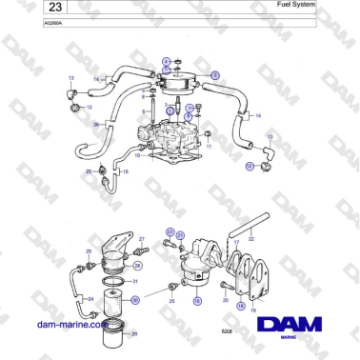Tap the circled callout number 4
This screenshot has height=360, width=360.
[166, 62]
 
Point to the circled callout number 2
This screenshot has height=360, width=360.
[215, 73]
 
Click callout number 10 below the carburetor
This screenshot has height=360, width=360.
[137, 155]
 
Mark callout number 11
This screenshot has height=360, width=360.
[210, 148]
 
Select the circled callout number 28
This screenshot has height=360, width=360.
[137, 266]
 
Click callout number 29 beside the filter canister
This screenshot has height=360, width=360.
[133, 333]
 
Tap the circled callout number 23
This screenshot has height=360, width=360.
[170, 231]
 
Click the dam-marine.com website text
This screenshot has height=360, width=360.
[70, 324]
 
